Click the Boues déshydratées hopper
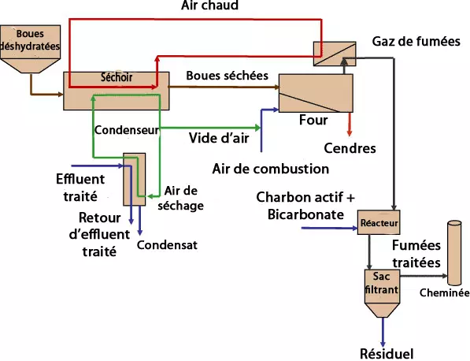[30, 48]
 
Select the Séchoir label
[117, 77]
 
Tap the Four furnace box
[316, 93]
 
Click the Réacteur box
[379, 222]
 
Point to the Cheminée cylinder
[454, 253]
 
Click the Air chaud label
[210, 6]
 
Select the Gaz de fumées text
[416, 42]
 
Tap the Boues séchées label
[228, 76]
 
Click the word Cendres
[350, 148]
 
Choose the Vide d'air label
[219, 138]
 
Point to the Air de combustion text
[271, 169]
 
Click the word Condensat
[167, 245]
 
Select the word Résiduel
[387, 354]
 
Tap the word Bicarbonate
[305, 214]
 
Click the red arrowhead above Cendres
[350, 133]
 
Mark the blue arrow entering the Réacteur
[329, 229]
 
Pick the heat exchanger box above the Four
[335, 54]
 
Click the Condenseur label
[127, 130]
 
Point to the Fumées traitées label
[416, 254]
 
